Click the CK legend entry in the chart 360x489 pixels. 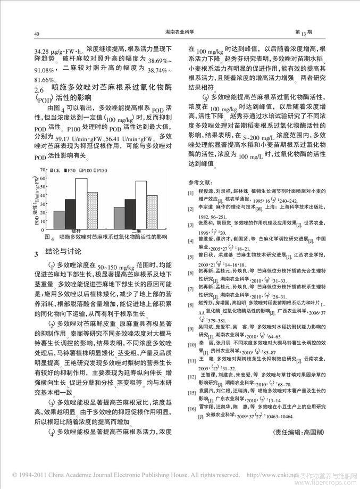[54, 170]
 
